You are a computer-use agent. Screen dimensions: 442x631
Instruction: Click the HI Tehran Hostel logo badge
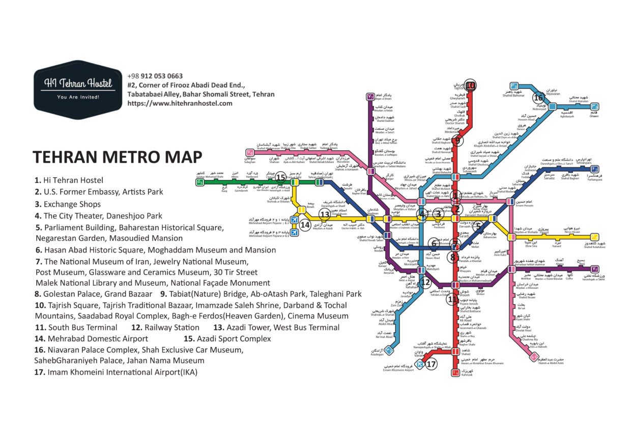(x=78, y=89)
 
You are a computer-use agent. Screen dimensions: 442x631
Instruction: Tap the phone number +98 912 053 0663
(x=155, y=76)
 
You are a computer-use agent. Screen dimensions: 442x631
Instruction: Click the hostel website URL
(x=180, y=103)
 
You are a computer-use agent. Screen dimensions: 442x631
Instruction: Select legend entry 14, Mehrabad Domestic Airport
(x=91, y=339)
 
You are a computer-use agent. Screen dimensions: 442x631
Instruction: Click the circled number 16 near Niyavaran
(x=538, y=97)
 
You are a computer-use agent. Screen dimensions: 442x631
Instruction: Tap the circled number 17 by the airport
(x=431, y=365)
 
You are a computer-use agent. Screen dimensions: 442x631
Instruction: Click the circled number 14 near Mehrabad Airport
(x=305, y=225)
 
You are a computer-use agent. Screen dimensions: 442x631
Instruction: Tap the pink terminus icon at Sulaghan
(x=249, y=152)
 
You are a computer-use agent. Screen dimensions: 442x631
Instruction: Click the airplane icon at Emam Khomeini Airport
(x=419, y=363)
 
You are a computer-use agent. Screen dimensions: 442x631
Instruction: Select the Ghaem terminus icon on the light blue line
(x=594, y=107)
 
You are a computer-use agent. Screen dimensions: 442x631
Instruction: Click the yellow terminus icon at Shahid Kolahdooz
(x=594, y=237)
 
